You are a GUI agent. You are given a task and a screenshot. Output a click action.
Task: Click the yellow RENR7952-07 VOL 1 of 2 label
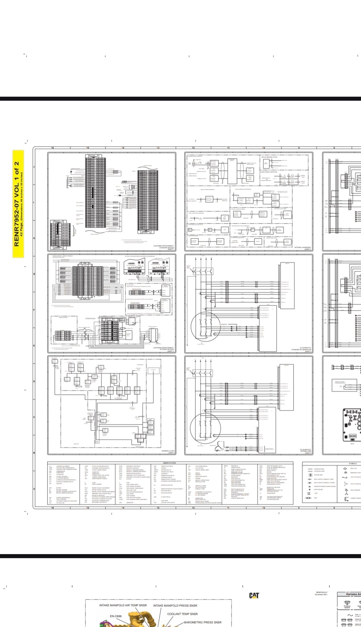tap(18, 204)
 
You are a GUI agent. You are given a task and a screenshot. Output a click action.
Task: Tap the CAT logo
tap(254, 595)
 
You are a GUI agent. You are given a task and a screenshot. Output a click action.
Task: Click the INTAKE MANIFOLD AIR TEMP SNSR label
tap(123, 605)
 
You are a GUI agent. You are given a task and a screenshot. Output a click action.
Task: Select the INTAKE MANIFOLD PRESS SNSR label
tap(175, 606)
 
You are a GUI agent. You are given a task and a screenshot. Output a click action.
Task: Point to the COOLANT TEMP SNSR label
tap(182, 614)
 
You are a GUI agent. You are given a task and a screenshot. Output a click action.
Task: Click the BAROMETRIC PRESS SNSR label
tap(203, 622)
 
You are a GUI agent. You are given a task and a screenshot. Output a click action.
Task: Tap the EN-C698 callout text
tap(116, 616)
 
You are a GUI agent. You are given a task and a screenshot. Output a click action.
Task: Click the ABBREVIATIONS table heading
tap(169, 463)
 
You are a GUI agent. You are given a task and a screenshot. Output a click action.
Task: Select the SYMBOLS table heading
tap(353, 463)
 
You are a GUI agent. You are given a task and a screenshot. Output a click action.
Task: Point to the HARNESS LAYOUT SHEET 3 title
tap(168, 452)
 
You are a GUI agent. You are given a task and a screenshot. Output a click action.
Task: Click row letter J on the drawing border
tap(34, 167)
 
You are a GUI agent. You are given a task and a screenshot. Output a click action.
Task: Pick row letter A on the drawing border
tap(34, 488)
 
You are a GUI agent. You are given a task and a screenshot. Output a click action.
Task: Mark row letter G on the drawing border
tap(34, 274)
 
